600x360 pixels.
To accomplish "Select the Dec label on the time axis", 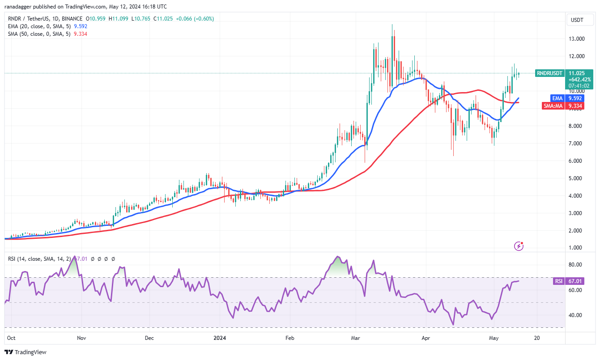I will [149, 338].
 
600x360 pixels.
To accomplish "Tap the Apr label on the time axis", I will [426, 338].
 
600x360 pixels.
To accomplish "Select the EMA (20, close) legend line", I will [40, 26].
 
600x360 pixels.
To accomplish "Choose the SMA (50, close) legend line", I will [40, 34].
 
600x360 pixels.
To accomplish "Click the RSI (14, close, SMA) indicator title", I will [38, 258].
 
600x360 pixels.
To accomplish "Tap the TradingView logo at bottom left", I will [26, 352].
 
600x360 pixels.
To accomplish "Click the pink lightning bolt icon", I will [519, 246].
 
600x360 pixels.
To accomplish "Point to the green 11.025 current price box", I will [579, 73].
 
